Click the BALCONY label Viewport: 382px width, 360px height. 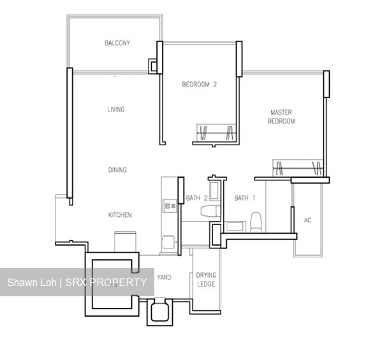click(117, 43)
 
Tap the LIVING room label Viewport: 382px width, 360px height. click(115, 110)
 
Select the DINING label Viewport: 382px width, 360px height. click(117, 169)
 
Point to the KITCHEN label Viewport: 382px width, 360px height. click(120, 215)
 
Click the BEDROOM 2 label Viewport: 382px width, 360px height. click(200, 84)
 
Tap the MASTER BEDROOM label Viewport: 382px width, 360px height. click(281, 117)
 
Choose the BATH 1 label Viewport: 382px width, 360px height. click(244, 198)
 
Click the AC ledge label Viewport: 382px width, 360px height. click(307, 220)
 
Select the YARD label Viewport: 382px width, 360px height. click(164, 277)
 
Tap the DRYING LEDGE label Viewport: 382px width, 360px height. click(206, 279)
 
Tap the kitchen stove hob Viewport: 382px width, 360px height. click(170, 205)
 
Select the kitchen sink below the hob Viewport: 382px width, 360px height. click(168, 241)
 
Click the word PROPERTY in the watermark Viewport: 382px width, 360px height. click(118, 282)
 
